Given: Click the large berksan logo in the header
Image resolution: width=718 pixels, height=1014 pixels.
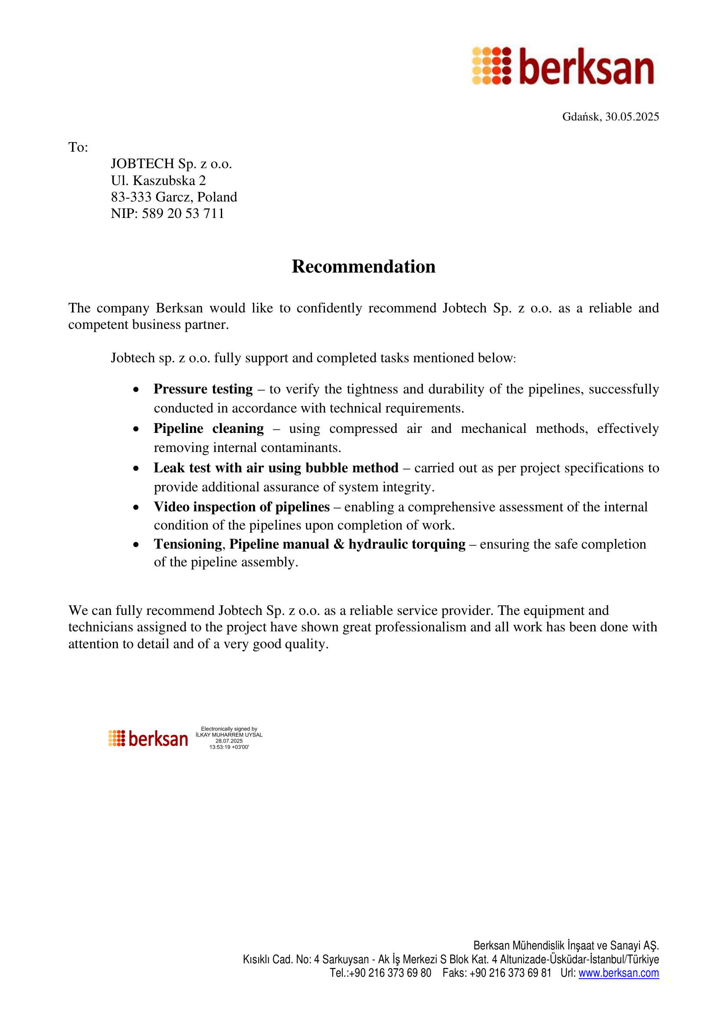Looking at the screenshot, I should click(x=562, y=66).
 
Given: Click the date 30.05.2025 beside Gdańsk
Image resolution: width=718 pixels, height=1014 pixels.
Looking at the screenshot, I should click(x=632, y=117).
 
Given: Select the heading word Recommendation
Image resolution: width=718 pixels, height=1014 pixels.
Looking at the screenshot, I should click(x=364, y=267).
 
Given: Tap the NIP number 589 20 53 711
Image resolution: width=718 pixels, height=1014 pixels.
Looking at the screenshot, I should click(x=183, y=214).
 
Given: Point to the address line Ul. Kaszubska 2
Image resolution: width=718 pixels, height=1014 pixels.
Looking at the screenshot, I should click(x=158, y=181).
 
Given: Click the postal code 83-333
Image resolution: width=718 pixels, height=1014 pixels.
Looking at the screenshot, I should click(x=131, y=197).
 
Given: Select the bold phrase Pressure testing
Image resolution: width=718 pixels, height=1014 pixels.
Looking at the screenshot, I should click(x=203, y=389).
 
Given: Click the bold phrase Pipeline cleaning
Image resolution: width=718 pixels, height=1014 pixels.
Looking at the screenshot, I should click(x=209, y=429).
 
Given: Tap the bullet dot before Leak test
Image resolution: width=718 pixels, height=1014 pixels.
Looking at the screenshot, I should click(x=136, y=468).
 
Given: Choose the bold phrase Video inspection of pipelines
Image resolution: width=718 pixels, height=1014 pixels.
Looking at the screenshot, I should click(x=241, y=507).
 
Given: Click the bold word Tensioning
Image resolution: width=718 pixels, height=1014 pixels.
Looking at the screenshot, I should click(x=188, y=544).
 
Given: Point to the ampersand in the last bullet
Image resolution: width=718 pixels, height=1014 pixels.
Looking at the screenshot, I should click(x=339, y=544).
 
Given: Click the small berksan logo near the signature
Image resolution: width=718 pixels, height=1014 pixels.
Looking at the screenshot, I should click(x=148, y=738).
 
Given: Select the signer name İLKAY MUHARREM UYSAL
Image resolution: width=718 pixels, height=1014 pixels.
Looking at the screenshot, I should click(x=229, y=735).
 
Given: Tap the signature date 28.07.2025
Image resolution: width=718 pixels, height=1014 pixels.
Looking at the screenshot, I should click(x=229, y=741).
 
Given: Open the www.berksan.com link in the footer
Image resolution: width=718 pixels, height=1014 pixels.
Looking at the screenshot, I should click(x=619, y=973).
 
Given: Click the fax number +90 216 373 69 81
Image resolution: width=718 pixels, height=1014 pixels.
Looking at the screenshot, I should click(x=510, y=973).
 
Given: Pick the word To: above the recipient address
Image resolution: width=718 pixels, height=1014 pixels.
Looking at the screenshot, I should click(x=78, y=147).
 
